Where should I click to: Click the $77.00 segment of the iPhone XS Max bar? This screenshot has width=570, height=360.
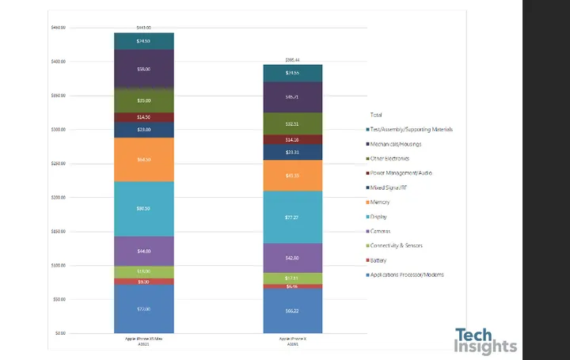click(143, 309)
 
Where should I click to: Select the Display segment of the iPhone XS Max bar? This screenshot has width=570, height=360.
click(143, 208)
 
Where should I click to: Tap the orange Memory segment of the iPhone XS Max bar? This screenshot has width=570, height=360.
click(143, 159)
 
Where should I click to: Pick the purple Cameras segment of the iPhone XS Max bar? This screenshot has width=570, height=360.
click(143, 251)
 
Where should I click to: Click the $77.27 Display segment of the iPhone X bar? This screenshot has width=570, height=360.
click(293, 216)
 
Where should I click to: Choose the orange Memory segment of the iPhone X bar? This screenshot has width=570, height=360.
click(293, 176)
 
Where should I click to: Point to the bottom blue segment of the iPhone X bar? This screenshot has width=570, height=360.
click(293, 311)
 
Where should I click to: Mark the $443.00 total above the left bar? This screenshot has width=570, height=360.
click(143, 28)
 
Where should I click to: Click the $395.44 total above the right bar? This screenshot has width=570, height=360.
click(293, 59)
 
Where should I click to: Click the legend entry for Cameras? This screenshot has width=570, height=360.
click(383, 231)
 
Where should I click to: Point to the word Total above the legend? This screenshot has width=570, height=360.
click(376, 115)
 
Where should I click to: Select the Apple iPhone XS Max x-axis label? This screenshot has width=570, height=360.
click(143, 340)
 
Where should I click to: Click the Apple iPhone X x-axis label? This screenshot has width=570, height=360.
click(293, 340)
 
